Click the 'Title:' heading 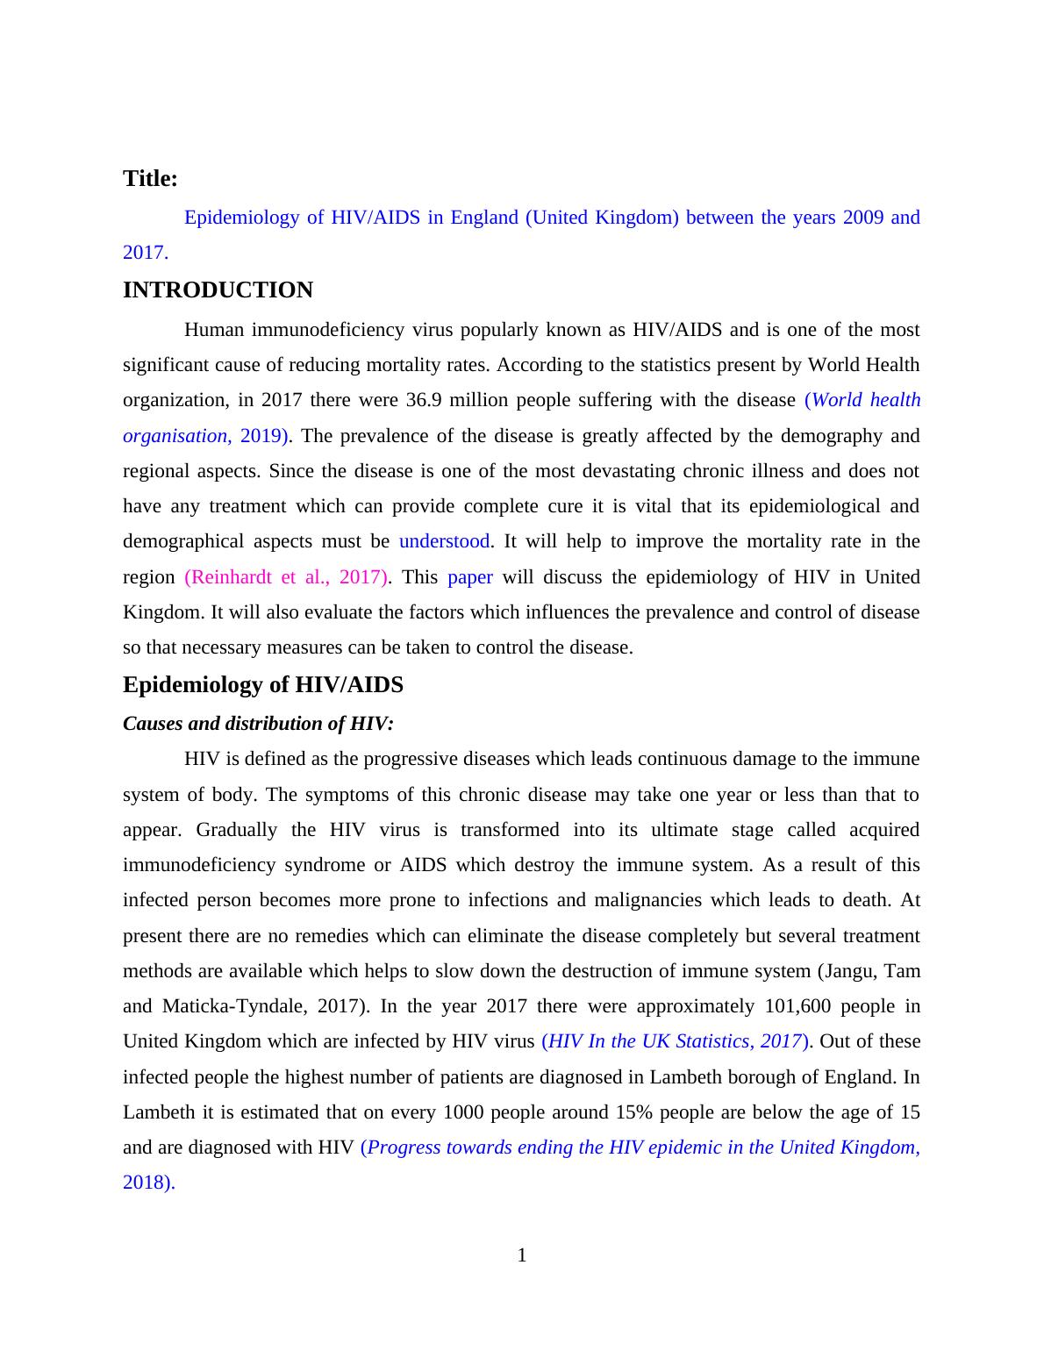(150, 179)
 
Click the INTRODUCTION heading (218, 290)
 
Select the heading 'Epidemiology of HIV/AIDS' (262, 685)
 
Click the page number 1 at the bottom (522, 1255)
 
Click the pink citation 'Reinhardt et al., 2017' (287, 577)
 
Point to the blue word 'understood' (444, 541)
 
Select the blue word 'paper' (469, 577)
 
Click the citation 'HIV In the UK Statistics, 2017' (676, 1041)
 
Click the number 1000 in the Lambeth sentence (468, 1112)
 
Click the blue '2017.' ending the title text (145, 253)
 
